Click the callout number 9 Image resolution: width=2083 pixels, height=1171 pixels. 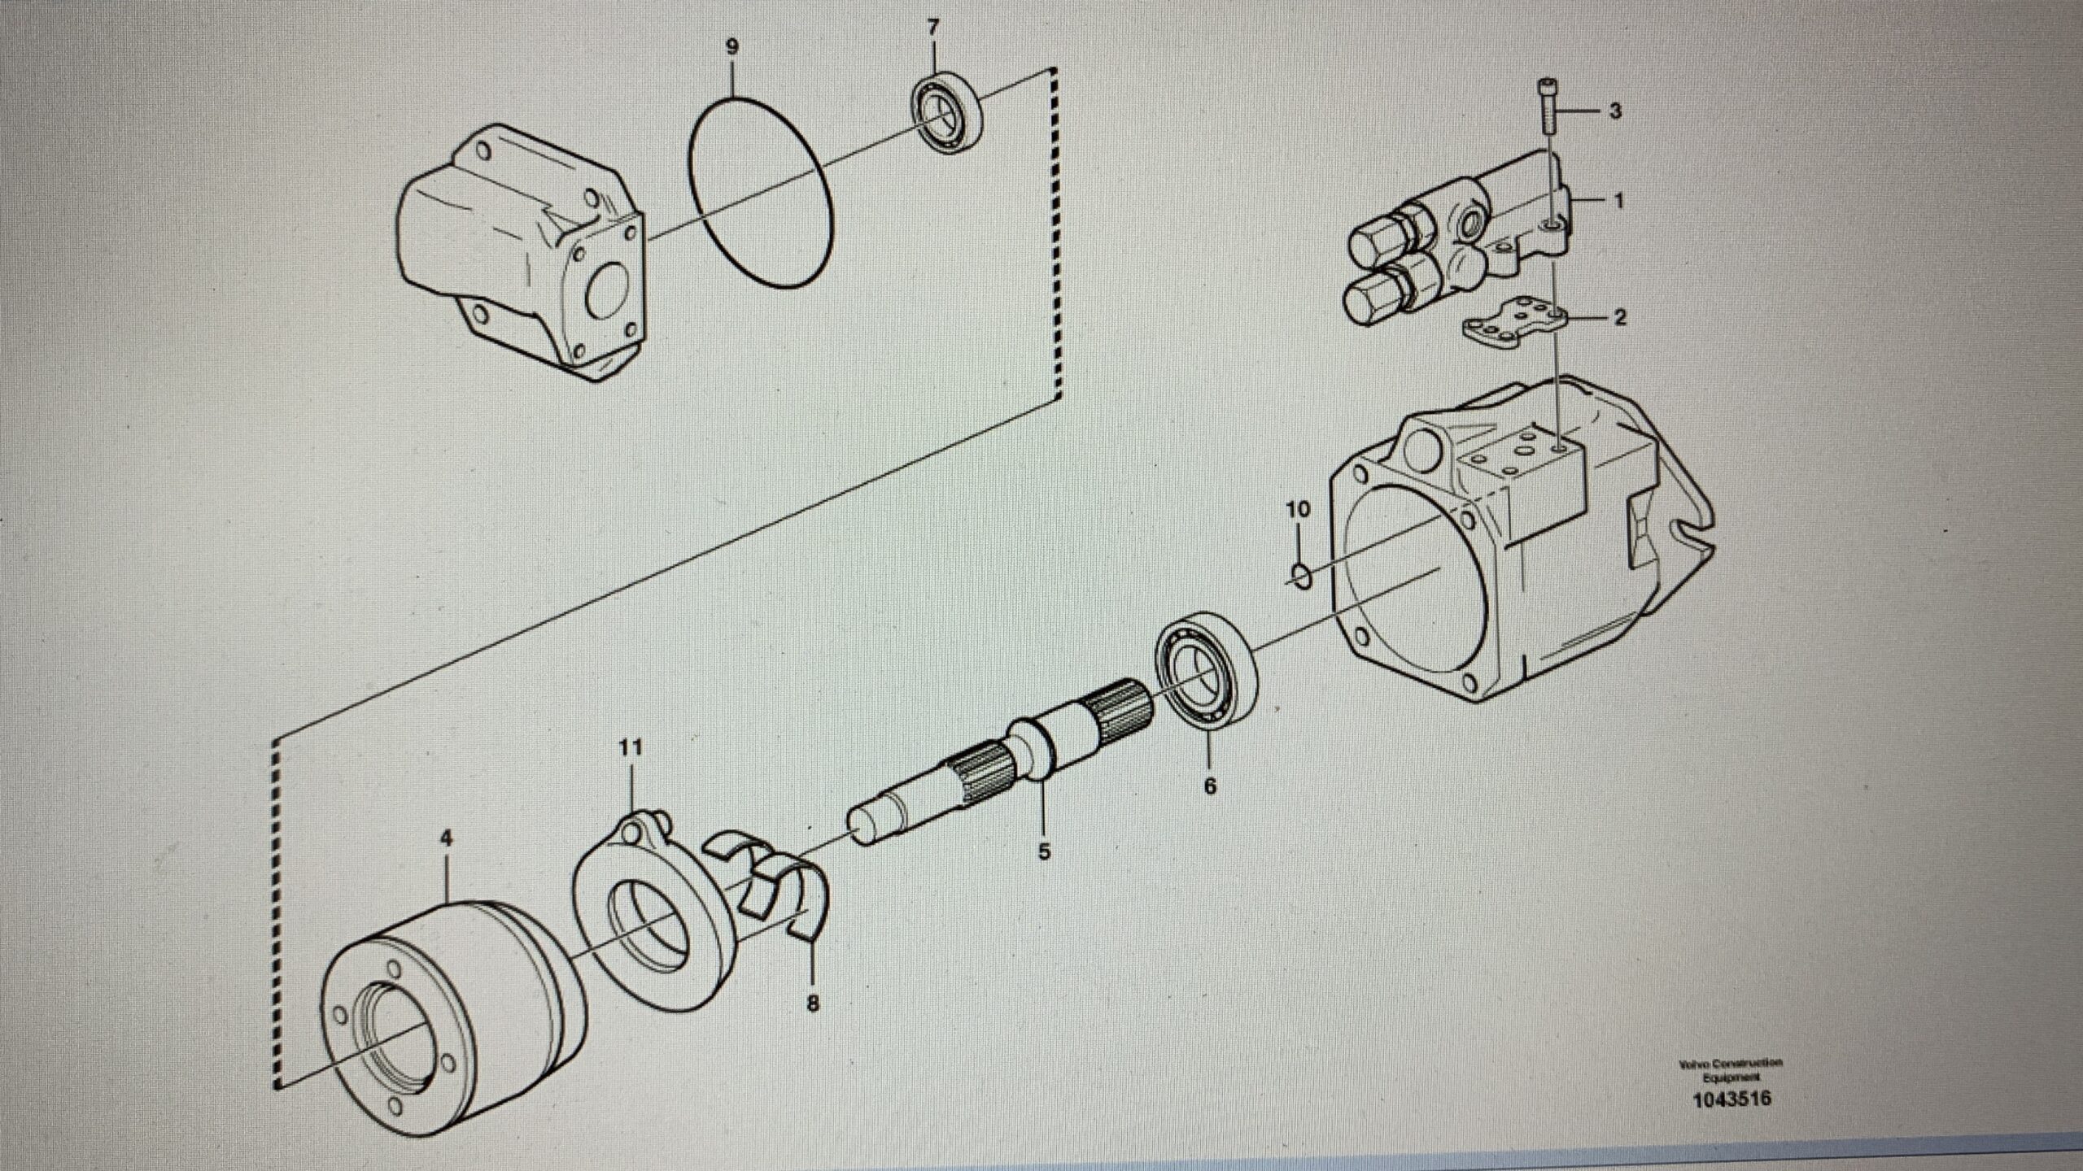[731, 47]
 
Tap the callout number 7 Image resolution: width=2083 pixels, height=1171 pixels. [932, 28]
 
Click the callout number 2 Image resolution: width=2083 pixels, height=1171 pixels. [1619, 318]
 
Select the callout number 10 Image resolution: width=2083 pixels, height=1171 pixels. [1299, 510]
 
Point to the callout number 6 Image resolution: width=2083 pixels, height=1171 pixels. [1210, 786]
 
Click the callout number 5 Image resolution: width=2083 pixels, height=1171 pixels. [1044, 852]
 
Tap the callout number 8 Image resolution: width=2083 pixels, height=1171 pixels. [812, 1004]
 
